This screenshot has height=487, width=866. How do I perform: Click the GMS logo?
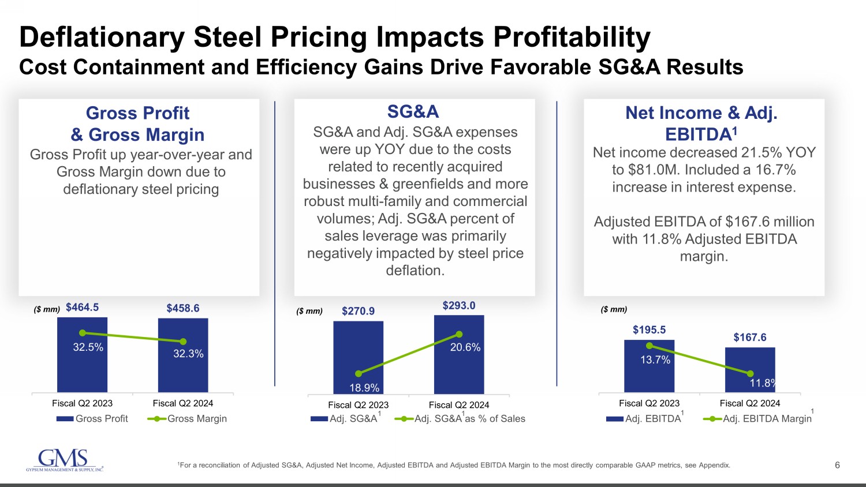pyautogui.click(x=64, y=460)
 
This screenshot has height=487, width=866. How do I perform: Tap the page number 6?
pyautogui.click(x=837, y=465)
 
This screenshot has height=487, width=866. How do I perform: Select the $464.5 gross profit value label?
pyautogui.click(x=82, y=308)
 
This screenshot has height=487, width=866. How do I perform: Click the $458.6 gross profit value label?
pyautogui.click(x=183, y=308)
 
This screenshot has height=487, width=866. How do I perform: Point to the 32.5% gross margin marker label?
pyautogui.click(x=88, y=347)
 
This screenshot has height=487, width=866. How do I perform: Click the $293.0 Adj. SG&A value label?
pyautogui.click(x=459, y=305)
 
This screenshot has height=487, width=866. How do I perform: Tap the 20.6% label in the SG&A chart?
pyautogui.click(x=465, y=347)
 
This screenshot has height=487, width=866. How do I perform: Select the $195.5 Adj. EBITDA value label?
pyautogui.click(x=649, y=330)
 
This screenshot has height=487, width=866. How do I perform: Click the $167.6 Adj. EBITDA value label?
pyautogui.click(x=750, y=338)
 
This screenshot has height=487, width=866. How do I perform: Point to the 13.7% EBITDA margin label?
pyautogui.click(x=655, y=360)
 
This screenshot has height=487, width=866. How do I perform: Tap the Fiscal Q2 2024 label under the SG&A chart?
pyautogui.click(x=459, y=405)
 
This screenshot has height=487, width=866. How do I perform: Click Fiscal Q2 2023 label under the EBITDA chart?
pyautogui.click(x=649, y=403)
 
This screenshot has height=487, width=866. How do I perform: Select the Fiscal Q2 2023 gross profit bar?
pyautogui.click(x=82, y=369)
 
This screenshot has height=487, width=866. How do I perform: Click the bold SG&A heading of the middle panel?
pyautogui.click(x=413, y=111)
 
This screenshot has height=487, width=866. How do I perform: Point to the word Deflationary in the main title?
pyautogui.click(x=102, y=38)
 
